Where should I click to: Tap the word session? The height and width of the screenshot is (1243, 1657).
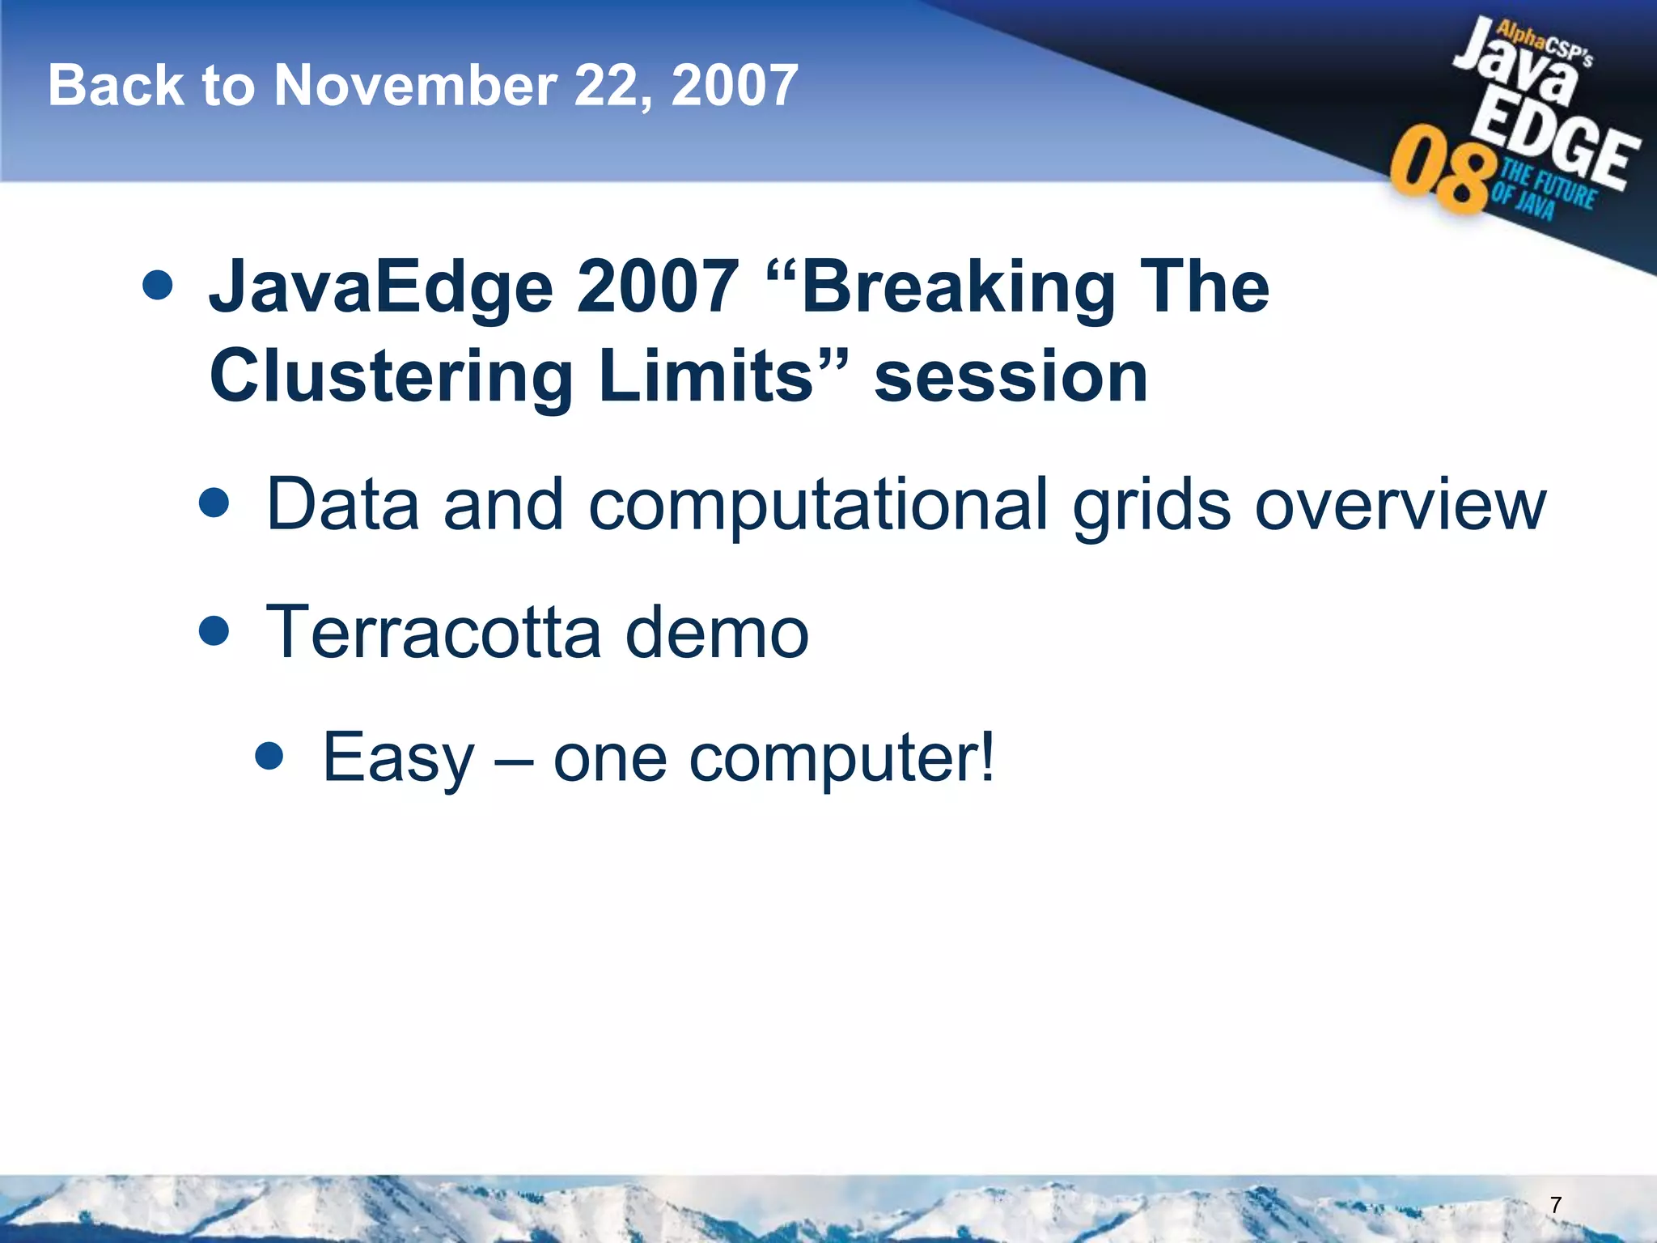pos(1011,376)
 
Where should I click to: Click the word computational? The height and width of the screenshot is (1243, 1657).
pos(817,506)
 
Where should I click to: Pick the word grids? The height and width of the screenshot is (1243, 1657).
pos(1151,506)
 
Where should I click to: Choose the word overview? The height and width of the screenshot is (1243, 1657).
pos(1400,506)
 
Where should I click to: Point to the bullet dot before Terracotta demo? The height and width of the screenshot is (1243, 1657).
pos(214,630)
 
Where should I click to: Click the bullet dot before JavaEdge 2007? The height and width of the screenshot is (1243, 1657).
pos(157,285)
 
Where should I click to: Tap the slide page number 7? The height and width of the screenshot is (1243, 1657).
pos(1555,1205)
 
